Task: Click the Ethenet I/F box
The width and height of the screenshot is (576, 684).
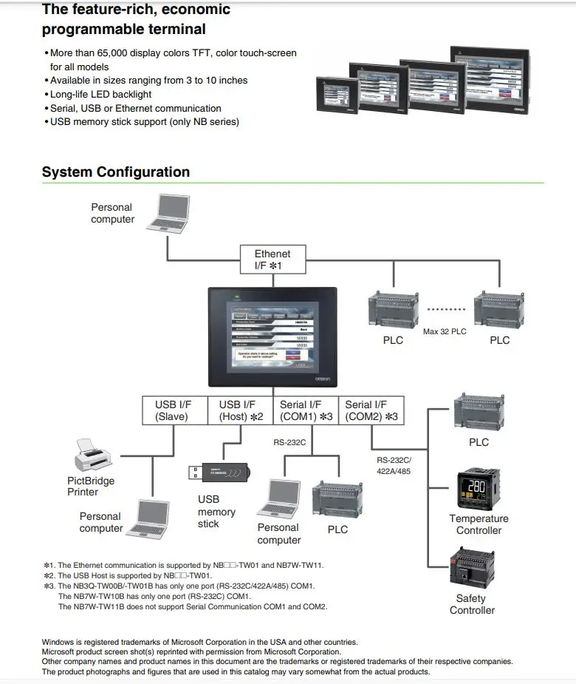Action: point(272,259)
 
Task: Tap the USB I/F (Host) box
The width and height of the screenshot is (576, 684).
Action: point(241,410)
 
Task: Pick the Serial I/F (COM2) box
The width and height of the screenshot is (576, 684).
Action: point(371,410)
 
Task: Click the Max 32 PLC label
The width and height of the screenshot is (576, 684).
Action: point(445,332)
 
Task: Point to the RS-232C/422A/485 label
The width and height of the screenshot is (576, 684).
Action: point(394,465)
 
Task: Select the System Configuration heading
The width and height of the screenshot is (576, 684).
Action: point(116,172)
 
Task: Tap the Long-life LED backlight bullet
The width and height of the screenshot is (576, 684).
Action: point(100,94)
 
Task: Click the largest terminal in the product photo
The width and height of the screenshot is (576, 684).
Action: point(490,77)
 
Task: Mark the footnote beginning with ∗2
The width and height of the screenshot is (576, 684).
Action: point(127,575)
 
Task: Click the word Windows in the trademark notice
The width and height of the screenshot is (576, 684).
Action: point(58,642)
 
